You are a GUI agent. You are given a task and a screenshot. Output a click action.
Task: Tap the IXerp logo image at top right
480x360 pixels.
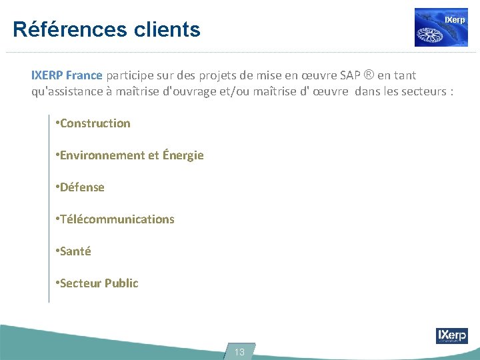(441, 27)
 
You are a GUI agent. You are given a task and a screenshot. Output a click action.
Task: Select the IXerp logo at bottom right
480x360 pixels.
(451, 335)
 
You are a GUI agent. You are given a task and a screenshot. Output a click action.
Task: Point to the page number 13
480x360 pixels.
(239, 352)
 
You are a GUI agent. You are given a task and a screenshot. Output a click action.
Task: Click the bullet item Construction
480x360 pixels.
(95, 123)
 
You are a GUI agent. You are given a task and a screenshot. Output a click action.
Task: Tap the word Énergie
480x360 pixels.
(183, 155)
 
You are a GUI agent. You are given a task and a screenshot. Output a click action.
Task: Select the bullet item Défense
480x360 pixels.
(82, 187)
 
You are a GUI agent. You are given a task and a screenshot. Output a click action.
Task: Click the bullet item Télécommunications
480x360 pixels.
(117, 219)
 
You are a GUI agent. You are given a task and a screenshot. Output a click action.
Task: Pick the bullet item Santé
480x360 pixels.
(75, 251)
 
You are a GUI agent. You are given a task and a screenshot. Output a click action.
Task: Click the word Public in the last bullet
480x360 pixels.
(121, 283)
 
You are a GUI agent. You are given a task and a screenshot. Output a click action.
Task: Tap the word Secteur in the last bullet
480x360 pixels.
(81, 283)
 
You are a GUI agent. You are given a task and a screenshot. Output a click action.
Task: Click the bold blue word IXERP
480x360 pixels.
(47, 75)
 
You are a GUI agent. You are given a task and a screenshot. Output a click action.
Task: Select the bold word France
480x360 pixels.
(85, 75)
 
